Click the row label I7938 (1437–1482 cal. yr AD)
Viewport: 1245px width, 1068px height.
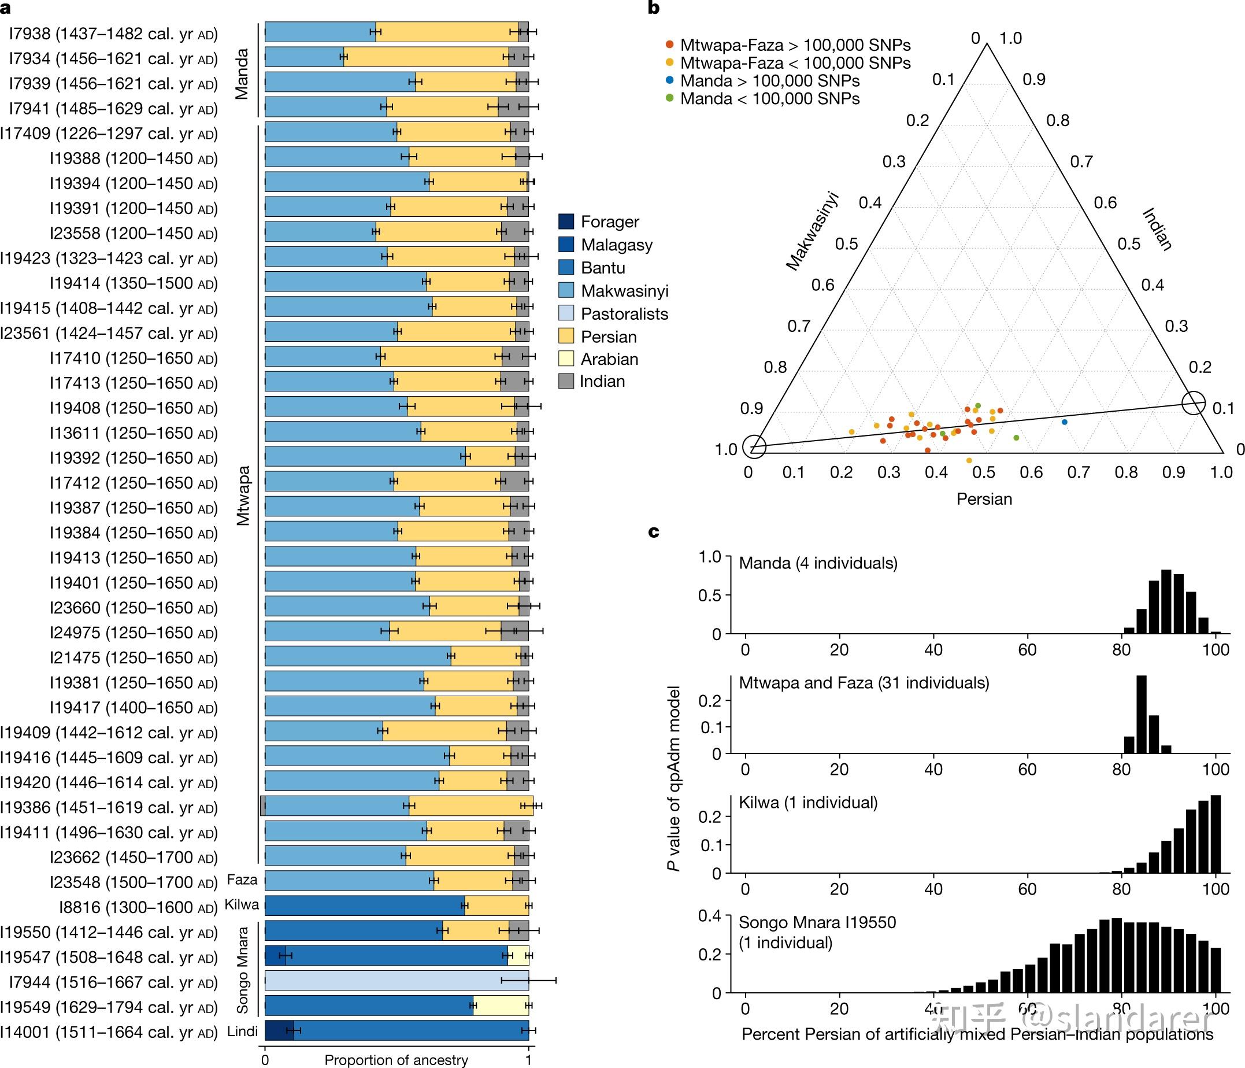coord(113,34)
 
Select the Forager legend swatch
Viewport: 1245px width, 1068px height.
coord(566,222)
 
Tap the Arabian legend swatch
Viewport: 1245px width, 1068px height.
coord(566,359)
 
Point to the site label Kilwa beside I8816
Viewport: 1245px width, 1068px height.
coord(242,904)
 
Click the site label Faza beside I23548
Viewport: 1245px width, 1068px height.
coord(242,880)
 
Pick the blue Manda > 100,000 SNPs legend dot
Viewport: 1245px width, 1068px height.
coord(669,80)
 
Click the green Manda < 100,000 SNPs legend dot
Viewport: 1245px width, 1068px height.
coord(669,98)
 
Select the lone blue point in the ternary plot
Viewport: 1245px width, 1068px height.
coord(1064,422)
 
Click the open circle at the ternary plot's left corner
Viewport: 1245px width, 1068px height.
coord(755,446)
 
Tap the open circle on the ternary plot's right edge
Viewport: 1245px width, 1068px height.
coord(1194,402)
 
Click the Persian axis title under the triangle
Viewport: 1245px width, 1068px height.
coord(984,499)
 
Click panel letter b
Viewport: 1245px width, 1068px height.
coord(654,9)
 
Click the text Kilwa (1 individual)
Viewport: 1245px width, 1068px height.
coord(808,803)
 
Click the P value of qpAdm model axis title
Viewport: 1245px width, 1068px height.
coord(674,778)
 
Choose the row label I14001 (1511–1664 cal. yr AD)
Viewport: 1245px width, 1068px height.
coord(109,1032)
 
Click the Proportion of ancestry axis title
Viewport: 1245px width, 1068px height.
coord(396,1059)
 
